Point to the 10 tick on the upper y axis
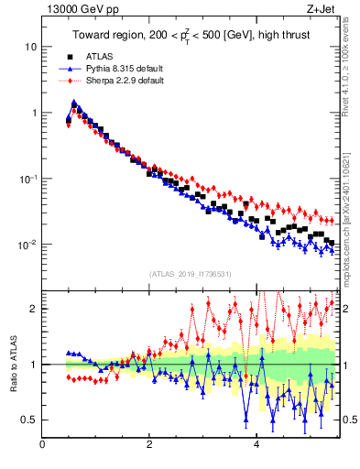[x=32, y=47]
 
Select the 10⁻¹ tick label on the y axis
[x=29, y=179]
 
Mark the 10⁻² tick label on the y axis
[x=29, y=245]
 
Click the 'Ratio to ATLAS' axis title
[x=12, y=364]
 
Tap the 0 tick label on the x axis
[x=42, y=444]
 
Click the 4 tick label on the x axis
[x=257, y=444]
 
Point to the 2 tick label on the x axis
[x=149, y=444]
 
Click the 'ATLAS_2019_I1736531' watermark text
[x=189, y=275]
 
